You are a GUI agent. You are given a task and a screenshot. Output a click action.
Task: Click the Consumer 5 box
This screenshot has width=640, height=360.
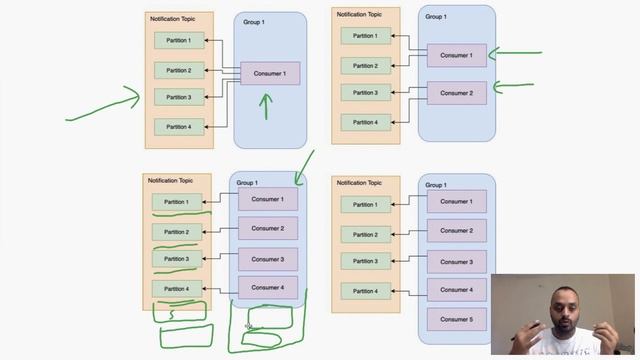click(x=457, y=319)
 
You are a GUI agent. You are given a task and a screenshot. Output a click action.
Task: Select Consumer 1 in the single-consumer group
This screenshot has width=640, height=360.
click(x=269, y=73)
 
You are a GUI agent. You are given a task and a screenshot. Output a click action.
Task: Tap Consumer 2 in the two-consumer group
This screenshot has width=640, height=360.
click(x=456, y=93)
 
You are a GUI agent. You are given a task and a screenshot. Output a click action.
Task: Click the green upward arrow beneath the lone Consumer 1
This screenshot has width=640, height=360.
click(x=265, y=105)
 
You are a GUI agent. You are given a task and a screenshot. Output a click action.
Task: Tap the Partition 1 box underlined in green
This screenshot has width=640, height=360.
click(x=177, y=202)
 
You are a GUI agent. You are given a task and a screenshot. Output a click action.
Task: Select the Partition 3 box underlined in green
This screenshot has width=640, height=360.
click(x=177, y=259)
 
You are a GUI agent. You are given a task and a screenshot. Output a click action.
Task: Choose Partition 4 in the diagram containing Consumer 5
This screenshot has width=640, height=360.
click(x=365, y=291)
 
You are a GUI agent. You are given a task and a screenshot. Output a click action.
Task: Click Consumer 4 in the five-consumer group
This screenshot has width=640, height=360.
click(x=457, y=290)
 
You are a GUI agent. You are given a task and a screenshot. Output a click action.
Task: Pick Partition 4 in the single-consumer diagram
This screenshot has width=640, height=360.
click(x=179, y=126)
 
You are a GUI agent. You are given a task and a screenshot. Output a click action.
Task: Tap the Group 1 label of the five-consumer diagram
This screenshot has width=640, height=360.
click(x=436, y=185)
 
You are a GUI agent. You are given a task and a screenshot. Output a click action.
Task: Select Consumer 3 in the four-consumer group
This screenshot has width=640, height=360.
click(x=267, y=259)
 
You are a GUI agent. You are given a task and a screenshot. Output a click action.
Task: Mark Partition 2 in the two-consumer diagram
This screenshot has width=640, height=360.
click(x=365, y=66)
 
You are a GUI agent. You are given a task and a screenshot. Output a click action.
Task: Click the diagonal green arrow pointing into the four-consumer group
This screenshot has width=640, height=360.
click(x=304, y=167)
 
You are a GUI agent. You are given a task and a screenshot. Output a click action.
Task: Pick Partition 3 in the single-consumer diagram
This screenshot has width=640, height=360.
click(x=179, y=97)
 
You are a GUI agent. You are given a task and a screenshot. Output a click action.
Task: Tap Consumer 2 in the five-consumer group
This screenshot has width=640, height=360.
click(x=457, y=230)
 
